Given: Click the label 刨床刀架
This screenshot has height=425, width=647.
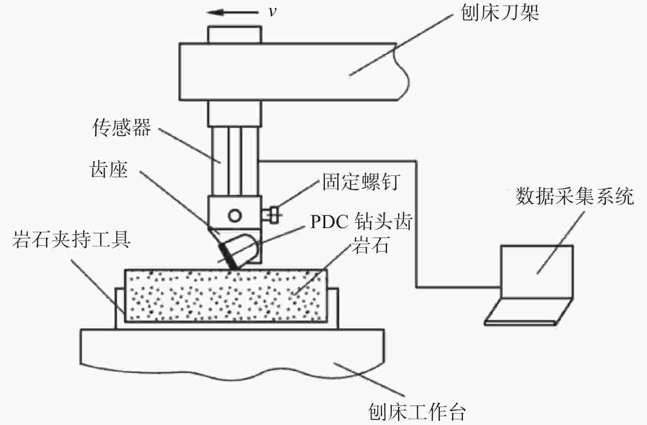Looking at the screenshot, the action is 500,13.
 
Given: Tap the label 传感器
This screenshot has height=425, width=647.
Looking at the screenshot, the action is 122,127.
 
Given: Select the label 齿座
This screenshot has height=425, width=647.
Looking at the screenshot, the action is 109,169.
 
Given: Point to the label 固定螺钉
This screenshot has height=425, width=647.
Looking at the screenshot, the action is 361,182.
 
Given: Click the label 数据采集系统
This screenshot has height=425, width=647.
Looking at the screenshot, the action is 575,196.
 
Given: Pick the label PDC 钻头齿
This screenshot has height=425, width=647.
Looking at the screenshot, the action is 361,222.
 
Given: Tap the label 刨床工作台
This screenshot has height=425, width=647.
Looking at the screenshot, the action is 417,412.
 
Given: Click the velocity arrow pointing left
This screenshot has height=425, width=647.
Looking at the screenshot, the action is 233,12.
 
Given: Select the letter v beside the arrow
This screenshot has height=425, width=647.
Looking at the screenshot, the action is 272,12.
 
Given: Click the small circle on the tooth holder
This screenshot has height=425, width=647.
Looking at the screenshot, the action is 235,215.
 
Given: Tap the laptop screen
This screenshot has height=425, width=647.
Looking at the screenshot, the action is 536,272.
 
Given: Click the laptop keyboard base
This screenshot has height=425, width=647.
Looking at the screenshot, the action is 529,312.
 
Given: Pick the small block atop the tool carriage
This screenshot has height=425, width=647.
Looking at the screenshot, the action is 235,35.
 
